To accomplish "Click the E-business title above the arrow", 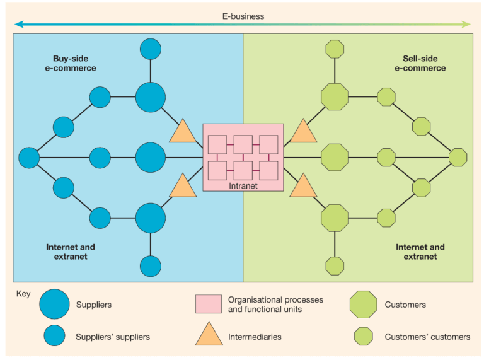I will [x=243, y=16].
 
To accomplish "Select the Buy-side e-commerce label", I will [x=70, y=63].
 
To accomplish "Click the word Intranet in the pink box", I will [x=243, y=186].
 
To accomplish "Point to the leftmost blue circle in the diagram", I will [x=29, y=157].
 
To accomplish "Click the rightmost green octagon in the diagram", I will [x=458, y=157].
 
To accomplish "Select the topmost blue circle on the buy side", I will [x=151, y=49].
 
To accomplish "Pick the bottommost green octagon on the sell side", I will [x=335, y=265].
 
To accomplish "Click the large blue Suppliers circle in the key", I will [x=54, y=305].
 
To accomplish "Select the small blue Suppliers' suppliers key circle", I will [x=54, y=337].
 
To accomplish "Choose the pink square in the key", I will [x=208, y=305].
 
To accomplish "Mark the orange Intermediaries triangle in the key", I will [x=208, y=335].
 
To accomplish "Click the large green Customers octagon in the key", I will [x=363, y=305].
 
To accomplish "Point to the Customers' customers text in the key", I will [x=427, y=337].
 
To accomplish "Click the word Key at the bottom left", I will [x=23, y=293].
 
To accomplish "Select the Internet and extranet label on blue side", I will [x=71, y=252].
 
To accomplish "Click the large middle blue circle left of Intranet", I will [x=151, y=157].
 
